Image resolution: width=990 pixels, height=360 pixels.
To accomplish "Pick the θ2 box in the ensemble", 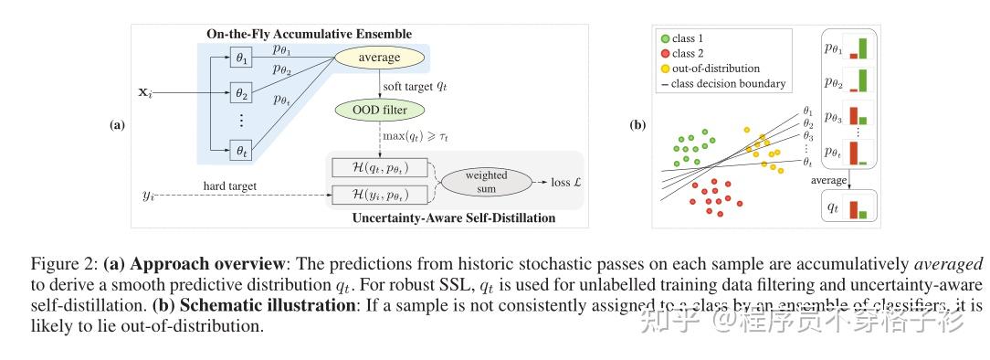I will click(x=241, y=92).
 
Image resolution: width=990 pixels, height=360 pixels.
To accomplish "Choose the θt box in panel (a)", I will click(x=241, y=151).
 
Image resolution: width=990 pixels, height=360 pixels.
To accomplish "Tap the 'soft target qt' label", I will click(x=415, y=85).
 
